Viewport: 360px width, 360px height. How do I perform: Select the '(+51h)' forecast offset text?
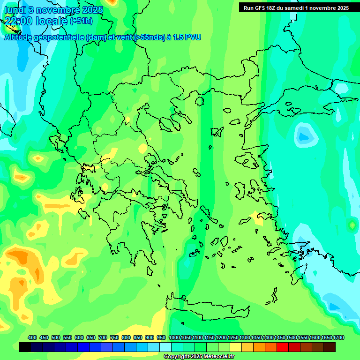[x=81, y=21]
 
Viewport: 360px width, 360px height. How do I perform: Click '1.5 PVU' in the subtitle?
[x=187, y=37]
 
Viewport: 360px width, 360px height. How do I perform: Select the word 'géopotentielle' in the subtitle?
[x=59, y=37]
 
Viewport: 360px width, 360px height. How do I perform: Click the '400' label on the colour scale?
[x=32, y=337]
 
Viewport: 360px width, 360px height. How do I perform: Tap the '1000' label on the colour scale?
[x=174, y=337]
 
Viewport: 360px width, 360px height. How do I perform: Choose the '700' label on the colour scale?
[x=103, y=337]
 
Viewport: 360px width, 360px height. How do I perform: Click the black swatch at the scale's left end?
[x=25, y=347]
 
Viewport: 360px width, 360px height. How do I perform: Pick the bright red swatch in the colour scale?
[x=283, y=347]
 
